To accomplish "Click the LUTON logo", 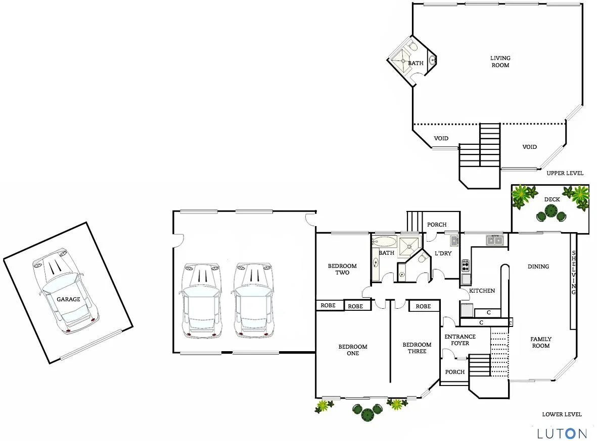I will point(562,433).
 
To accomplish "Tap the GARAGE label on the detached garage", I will point(68,299).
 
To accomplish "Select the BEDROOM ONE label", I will point(353,350).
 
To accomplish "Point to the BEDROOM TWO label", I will point(342,269).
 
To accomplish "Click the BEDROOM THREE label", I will point(417,348).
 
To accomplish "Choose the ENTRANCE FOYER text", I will point(460,340).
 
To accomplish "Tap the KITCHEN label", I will point(482,291).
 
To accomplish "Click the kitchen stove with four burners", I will point(466,264).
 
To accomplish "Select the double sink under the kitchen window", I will point(494,241).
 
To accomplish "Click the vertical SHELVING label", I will point(574,272).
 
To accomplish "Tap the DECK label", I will point(552,199).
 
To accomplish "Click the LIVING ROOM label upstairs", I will point(500,62).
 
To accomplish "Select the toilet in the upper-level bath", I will point(413,47).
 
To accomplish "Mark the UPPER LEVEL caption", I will point(565,173).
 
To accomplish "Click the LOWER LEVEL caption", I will point(562,414).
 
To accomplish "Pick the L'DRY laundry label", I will point(443,253).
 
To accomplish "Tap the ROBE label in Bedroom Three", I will point(423,306).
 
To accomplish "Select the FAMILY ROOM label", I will point(540,343).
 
